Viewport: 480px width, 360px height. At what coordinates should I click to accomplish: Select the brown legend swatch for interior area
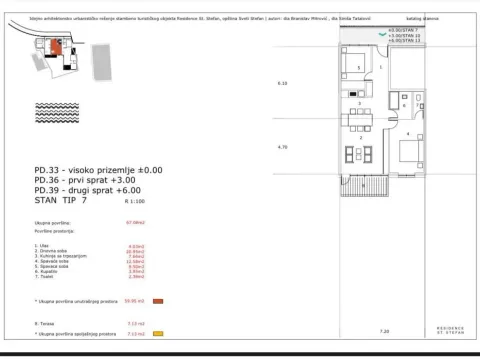(x=158, y=299)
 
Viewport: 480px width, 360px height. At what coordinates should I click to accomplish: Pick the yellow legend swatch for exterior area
(x=158, y=335)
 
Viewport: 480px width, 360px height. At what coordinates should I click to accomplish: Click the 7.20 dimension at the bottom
(x=385, y=327)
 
